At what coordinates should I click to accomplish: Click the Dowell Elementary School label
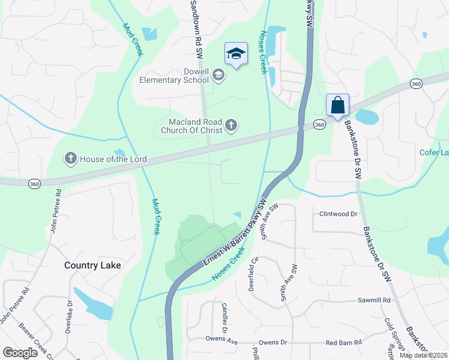(x=173, y=76)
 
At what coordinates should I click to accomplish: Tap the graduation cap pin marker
(x=237, y=54)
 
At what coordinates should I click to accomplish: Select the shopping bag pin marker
(x=338, y=105)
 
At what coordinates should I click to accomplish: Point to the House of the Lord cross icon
(x=71, y=158)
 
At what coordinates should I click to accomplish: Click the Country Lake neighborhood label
(x=92, y=265)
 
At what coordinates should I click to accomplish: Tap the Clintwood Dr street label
(x=338, y=214)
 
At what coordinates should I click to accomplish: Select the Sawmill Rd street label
(x=374, y=300)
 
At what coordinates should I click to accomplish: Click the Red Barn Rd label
(x=343, y=343)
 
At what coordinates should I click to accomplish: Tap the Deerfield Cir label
(x=253, y=274)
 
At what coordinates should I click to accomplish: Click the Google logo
(x=20, y=353)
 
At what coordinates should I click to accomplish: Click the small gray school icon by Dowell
(x=218, y=75)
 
